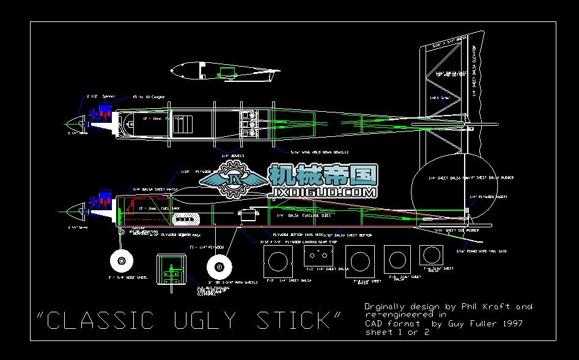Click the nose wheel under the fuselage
click(121, 262)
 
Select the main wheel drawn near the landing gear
click(218, 266)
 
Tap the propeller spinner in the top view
click(76, 123)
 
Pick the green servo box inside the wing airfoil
click(227, 72)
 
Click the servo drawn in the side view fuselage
click(248, 215)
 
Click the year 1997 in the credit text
click(511, 323)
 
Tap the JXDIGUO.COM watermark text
click(323, 192)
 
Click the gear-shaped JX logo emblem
click(234, 181)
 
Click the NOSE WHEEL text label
click(129, 277)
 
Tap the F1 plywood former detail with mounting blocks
click(171, 269)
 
